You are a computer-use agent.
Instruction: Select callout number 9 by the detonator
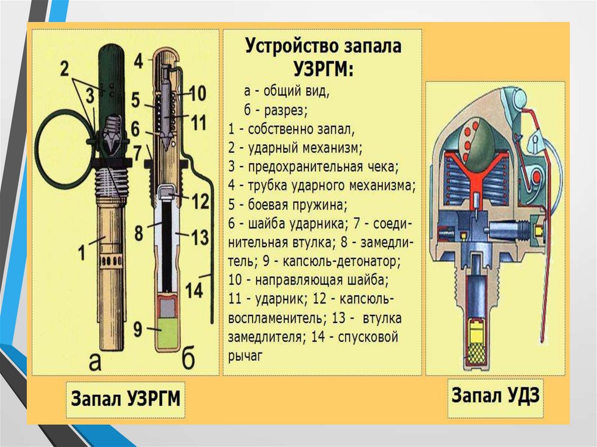(x=138, y=329)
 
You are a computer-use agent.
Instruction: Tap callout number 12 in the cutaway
(x=199, y=202)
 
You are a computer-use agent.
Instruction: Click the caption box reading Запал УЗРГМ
(x=125, y=400)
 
